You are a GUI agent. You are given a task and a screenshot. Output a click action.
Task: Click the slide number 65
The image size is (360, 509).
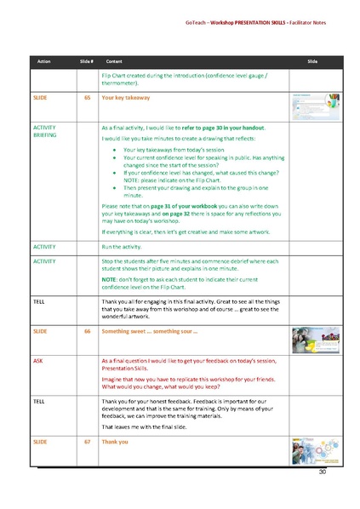click(86, 98)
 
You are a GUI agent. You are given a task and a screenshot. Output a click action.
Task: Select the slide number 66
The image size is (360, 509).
click(86, 330)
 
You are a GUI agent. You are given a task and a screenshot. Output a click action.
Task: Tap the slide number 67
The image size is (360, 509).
click(86, 443)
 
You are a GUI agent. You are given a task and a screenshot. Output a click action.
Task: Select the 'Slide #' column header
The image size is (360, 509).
click(86, 62)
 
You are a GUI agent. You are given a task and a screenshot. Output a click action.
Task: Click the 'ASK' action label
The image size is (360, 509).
click(38, 361)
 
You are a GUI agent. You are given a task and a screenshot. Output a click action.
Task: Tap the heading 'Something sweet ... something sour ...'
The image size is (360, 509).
click(150, 330)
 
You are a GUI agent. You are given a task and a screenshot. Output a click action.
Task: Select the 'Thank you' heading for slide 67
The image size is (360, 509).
click(115, 443)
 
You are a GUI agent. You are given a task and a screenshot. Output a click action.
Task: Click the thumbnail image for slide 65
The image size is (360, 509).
click(315, 106)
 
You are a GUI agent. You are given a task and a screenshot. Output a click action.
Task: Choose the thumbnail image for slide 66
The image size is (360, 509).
click(315, 338)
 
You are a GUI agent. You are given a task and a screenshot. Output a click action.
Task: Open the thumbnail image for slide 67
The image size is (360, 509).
click(315, 450)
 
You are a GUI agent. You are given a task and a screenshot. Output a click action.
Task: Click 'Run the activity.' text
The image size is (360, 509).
click(128, 246)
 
